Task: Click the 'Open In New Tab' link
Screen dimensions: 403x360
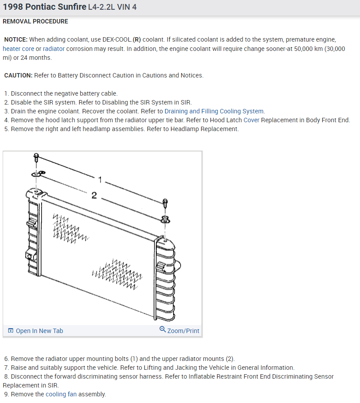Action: point(39,331)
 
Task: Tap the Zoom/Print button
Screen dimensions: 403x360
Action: point(183,331)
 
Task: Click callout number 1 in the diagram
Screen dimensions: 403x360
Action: point(100,179)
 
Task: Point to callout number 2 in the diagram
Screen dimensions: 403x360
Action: point(94,195)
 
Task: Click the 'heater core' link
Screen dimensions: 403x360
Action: point(18,49)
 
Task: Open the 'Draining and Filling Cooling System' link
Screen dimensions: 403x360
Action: point(214,111)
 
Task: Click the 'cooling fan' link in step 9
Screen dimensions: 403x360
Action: point(56,394)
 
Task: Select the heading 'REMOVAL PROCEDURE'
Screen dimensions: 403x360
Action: point(35,21)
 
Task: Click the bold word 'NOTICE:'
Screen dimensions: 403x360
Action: point(15,39)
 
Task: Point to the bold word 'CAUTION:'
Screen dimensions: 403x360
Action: point(18,75)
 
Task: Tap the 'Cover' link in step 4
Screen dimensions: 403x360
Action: point(252,120)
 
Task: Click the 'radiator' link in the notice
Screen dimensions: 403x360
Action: point(54,49)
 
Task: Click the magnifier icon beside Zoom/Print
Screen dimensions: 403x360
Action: point(163,330)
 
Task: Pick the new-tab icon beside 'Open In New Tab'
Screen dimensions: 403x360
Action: point(11,331)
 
